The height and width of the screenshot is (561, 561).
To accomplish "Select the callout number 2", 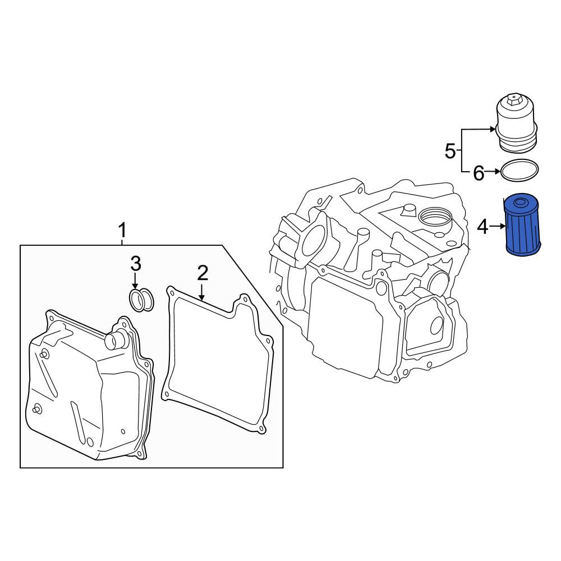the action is click(203, 273).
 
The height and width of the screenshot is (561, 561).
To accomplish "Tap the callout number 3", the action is click(136, 264).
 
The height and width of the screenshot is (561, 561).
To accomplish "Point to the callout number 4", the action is click(482, 227).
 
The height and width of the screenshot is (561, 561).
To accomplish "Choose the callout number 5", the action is click(450, 151).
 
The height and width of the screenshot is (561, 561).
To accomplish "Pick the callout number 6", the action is click(479, 173).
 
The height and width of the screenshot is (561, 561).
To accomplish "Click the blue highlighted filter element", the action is click(522, 225).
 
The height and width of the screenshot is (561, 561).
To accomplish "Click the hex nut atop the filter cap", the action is click(514, 98).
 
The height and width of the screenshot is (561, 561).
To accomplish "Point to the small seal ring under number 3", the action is click(141, 300).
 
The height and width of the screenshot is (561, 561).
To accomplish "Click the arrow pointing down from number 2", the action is click(202, 292).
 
